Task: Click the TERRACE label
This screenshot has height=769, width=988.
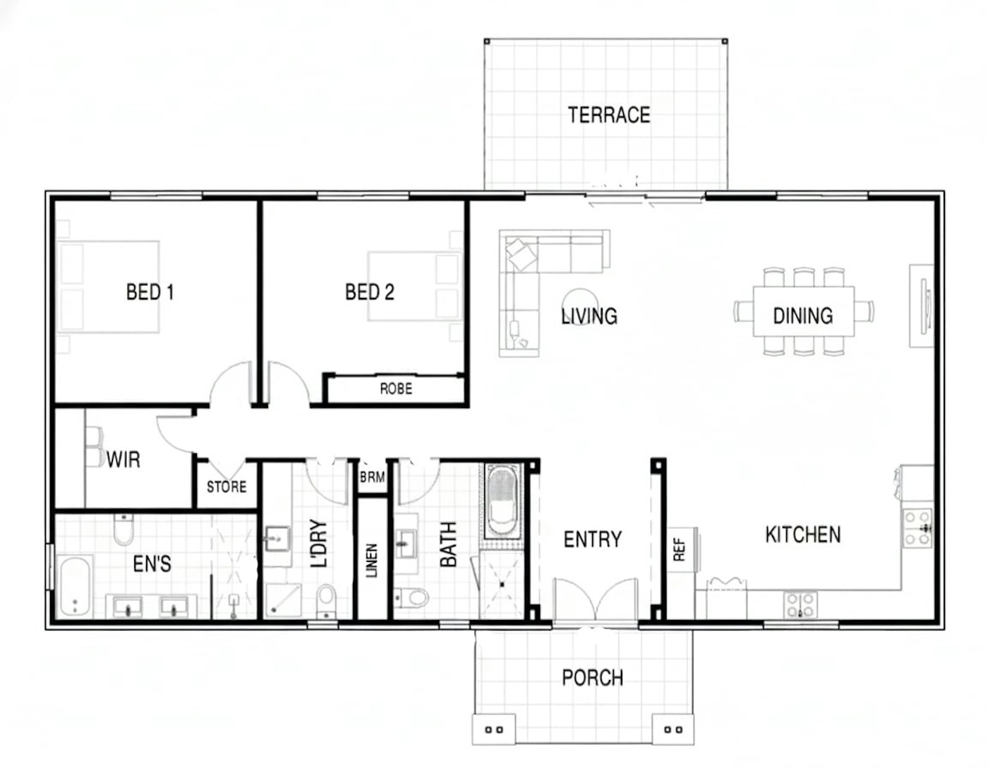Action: [x=609, y=115]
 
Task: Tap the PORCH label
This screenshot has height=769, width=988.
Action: [x=592, y=678]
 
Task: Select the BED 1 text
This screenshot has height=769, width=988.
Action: [x=150, y=292]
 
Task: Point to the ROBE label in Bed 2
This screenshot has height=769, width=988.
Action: [x=396, y=389]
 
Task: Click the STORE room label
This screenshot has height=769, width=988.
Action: [x=227, y=487]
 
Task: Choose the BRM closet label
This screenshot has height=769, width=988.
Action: [x=373, y=477]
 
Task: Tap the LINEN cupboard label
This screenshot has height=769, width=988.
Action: [x=372, y=560]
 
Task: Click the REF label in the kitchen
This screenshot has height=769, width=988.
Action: [x=679, y=550]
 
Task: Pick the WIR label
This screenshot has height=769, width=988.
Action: [x=123, y=460]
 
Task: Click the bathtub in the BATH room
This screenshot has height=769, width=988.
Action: [x=502, y=501]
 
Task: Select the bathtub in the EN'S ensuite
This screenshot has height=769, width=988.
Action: [x=74, y=587]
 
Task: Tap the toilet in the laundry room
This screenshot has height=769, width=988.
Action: [x=326, y=601]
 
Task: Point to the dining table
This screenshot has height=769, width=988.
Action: [x=803, y=311]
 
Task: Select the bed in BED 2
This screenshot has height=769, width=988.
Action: [x=415, y=286]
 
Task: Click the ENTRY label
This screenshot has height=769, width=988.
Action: [x=592, y=540]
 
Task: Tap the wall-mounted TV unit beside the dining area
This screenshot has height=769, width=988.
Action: [x=921, y=306]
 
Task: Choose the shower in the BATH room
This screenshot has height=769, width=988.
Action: [x=502, y=585]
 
